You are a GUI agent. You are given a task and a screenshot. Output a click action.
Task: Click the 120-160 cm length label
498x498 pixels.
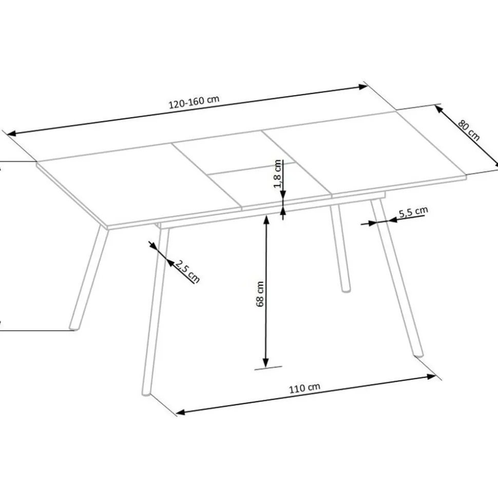(194, 102)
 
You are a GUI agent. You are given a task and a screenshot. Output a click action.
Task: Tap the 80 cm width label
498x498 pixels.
(469, 130)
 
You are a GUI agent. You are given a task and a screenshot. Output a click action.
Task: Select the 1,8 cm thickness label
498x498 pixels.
(277, 174)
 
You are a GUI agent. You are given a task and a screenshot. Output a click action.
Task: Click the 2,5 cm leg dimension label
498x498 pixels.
(187, 271)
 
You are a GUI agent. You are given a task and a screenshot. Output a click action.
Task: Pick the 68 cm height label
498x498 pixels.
(260, 294)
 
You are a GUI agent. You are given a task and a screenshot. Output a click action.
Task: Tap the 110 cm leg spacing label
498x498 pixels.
(304, 388)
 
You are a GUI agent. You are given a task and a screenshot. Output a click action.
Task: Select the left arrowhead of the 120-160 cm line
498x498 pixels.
(11, 134)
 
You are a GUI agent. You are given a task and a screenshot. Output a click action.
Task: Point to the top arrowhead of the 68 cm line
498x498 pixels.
(266, 219)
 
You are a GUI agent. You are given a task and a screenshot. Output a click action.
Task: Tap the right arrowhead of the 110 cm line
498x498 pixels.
(431, 377)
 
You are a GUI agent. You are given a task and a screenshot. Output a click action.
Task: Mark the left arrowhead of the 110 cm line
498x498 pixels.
(180, 412)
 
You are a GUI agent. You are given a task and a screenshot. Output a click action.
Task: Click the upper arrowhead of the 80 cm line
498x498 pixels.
(439, 109)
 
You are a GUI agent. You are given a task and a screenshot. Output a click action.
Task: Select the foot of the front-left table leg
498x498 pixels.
(146, 394)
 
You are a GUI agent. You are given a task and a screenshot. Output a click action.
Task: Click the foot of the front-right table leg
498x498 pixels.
(418, 355)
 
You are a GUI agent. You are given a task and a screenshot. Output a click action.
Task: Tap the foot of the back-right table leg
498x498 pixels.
(346, 290)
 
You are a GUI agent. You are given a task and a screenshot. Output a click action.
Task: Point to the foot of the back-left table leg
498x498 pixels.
(74, 327)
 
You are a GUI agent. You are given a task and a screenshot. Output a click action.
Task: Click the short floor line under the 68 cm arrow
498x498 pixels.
(268, 368)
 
